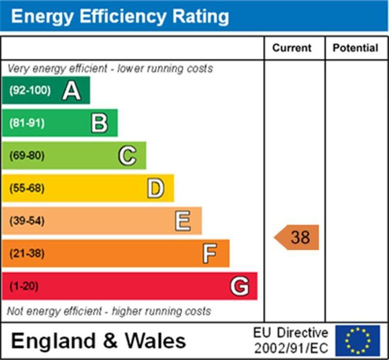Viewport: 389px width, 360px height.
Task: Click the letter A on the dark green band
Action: (x=71, y=90)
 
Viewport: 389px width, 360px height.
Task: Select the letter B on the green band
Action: (x=99, y=123)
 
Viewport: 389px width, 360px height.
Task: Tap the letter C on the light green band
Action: (x=127, y=156)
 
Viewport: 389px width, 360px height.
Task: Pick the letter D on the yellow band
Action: (x=155, y=189)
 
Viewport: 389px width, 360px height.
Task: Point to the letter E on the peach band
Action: (x=183, y=221)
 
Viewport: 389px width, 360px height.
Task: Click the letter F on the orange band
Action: (x=210, y=253)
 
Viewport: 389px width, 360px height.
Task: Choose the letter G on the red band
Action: (x=239, y=286)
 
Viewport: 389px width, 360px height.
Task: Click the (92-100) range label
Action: (x=30, y=90)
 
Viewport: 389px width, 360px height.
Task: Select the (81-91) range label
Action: (x=27, y=123)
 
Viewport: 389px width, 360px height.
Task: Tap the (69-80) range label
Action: (x=27, y=156)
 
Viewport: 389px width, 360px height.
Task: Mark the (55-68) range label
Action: (x=27, y=189)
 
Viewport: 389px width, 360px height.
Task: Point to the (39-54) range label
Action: (x=27, y=221)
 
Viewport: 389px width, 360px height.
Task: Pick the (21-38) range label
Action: (x=27, y=253)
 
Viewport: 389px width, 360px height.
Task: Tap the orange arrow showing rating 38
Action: (x=297, y=237)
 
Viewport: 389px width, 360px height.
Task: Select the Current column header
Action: (x=292, y=48)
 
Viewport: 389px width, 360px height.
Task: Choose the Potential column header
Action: (x=355, y=48)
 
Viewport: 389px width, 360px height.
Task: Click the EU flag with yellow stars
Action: (x=357, y=341)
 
